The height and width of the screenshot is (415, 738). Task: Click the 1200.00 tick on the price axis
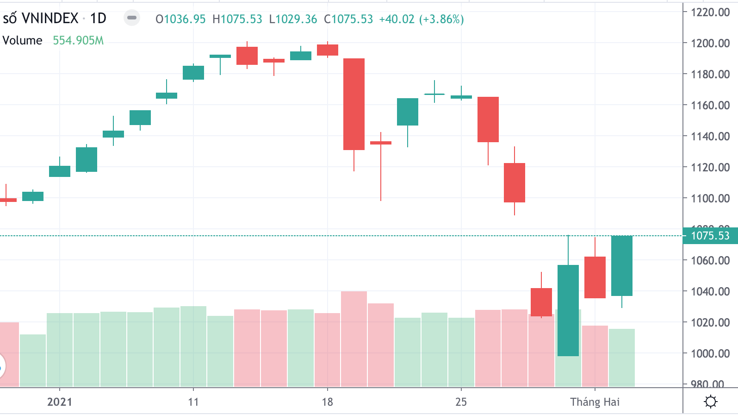710,43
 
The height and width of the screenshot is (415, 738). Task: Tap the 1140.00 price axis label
710,136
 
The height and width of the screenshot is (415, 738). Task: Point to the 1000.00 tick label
710,353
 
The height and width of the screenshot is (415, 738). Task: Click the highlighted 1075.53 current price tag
710,236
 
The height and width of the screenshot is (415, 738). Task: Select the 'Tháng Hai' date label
595,402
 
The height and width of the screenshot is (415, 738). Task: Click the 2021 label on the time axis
60,402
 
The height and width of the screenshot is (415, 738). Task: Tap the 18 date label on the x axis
327,402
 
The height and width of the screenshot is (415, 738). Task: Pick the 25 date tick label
461,402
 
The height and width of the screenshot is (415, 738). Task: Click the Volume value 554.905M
78,41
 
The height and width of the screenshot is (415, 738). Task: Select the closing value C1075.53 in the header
348,19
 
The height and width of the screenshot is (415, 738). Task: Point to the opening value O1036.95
180,19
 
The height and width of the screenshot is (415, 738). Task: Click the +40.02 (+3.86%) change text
421,19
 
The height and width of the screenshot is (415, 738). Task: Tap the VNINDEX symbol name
50,19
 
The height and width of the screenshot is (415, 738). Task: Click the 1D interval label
98,19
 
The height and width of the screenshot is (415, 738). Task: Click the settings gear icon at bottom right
710,401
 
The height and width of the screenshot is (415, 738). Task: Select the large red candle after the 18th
354,104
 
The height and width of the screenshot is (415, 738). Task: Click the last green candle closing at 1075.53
621,265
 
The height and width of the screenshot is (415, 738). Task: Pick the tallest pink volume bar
354,338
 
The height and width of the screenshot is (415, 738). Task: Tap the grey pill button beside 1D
132,18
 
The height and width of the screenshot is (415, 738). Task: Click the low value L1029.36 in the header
293,19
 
